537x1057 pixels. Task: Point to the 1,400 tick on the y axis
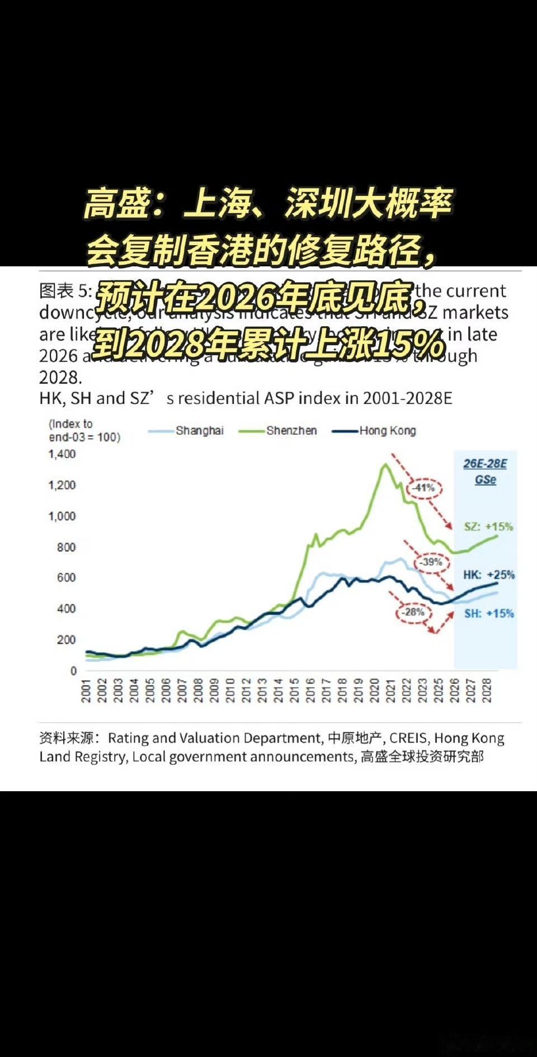click(62, 454)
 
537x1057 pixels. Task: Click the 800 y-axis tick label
click(66, 547)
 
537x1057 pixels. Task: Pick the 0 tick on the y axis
click(73, 670)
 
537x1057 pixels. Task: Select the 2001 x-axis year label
click(86, 690)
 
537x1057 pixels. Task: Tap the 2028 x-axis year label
click(487, 690)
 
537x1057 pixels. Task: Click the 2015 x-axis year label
click(294, 690)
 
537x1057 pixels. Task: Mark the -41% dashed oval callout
click(424, 488)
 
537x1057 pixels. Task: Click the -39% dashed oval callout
click(431, 562)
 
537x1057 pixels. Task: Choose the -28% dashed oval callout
click(414, 612)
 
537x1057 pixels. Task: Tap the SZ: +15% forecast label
click(488, 527)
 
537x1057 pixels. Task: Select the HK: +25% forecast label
click(488, 575)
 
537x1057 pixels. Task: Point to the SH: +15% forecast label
click(488, 613)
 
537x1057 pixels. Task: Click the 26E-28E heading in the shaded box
click(485, 464)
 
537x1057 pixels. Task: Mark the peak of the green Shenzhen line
click(385, 464)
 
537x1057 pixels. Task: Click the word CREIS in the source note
click(408, 739)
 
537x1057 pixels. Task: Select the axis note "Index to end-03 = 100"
click(84, 430)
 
